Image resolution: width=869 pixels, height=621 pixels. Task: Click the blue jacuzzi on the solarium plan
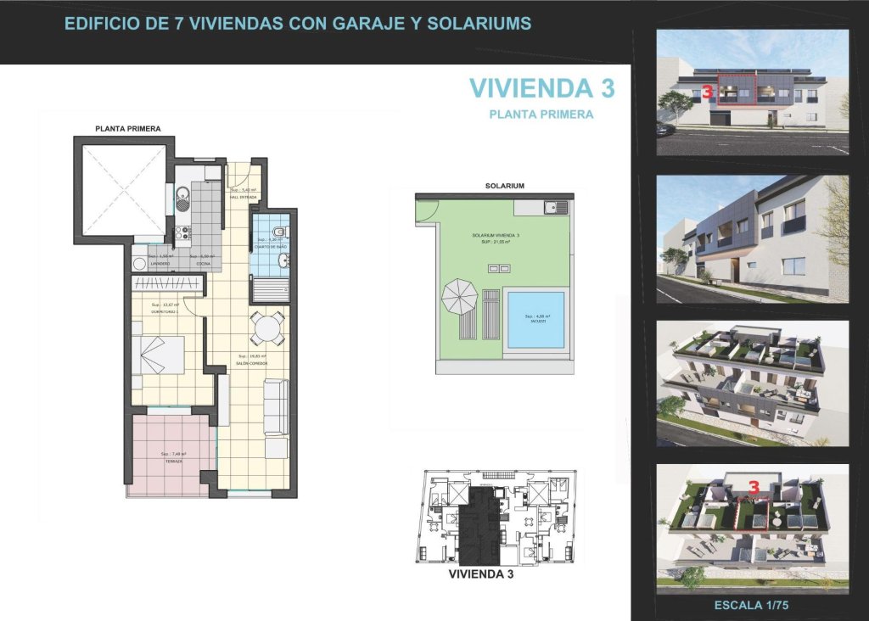(x=535, y=320)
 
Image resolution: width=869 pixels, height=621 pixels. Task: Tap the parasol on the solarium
(x=459, y=295)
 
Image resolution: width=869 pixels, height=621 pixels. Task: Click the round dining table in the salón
(x=268, y=326)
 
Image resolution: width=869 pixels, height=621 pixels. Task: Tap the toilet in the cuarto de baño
(x=283, y=231)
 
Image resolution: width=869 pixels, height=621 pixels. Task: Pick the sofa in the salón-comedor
(x=275, y=407)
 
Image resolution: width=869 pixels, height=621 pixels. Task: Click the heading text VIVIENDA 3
(x=541, y=87)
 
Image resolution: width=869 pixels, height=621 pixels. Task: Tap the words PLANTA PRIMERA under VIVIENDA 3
(x=541, y=114)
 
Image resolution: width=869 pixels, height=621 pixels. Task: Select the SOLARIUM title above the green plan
(x=504, y=185)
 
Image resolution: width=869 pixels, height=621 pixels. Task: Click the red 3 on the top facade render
(x=706, y=92)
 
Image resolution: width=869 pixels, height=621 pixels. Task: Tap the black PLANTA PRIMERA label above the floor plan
(x=128, y=128)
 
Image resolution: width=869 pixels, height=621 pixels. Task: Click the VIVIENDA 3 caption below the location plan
(x=480, y=574)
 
